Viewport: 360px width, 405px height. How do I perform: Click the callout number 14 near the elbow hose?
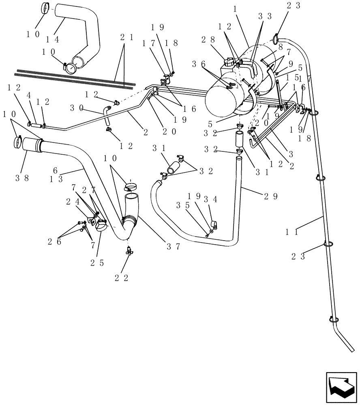click(52, 40)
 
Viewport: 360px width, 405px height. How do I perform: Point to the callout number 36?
click(199, 64)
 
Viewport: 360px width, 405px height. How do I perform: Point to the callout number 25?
click(97, 263)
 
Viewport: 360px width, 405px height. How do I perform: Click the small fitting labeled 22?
click(129, 252)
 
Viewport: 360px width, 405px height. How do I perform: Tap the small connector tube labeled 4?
click(36, 125)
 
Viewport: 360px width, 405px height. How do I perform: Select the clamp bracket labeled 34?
click(215, 224)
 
